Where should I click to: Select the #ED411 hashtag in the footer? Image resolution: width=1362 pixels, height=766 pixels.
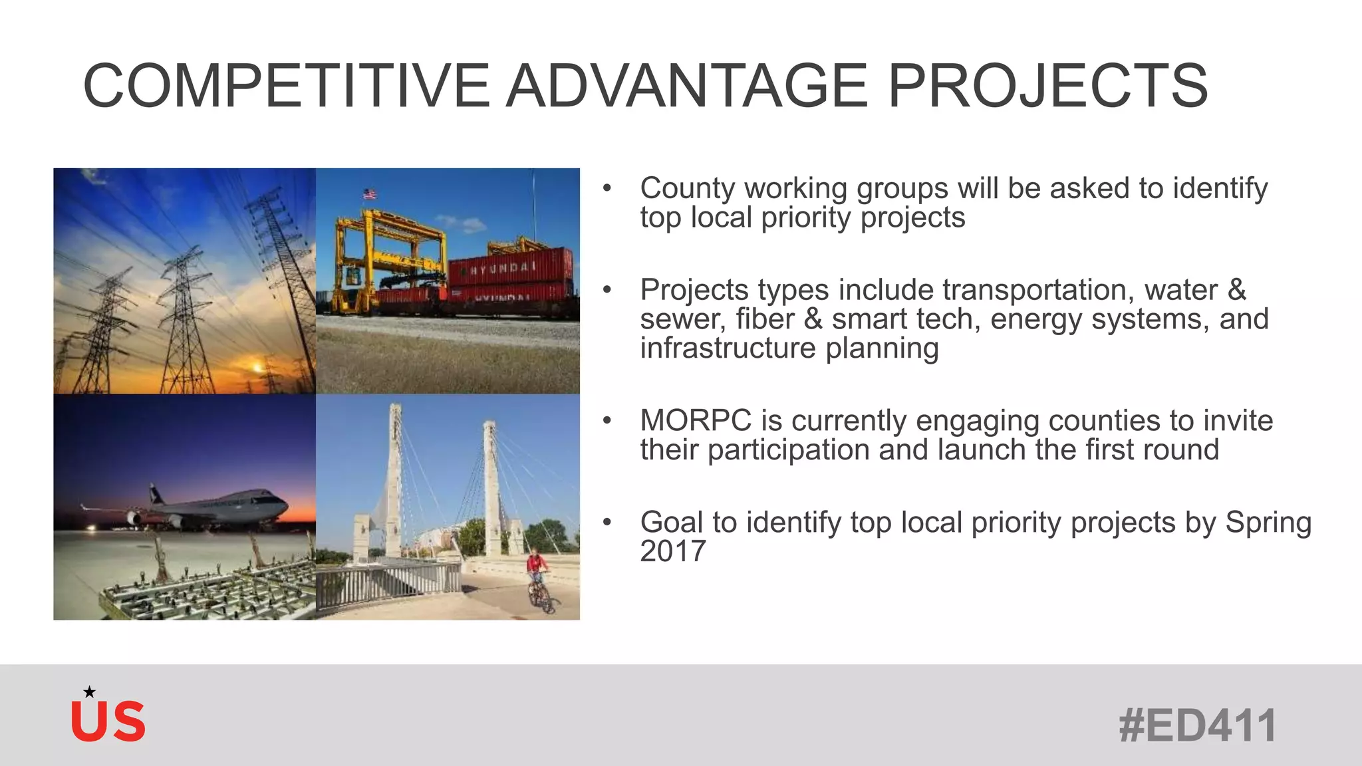click(x=1197, y=725)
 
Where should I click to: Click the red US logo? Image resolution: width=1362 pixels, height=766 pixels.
click(x=108, y=721)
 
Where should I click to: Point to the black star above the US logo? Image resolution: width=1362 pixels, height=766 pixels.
click(x=89, y=692)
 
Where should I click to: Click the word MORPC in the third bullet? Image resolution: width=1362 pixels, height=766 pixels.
click(x=695, y=421)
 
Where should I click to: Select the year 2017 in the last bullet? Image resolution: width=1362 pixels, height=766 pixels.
click(x=672, y=551)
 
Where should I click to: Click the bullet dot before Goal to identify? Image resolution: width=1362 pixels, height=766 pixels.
click(x=607, y=523)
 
